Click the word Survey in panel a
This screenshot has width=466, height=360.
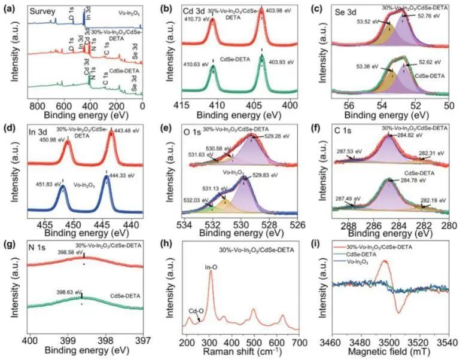[42, 11]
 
